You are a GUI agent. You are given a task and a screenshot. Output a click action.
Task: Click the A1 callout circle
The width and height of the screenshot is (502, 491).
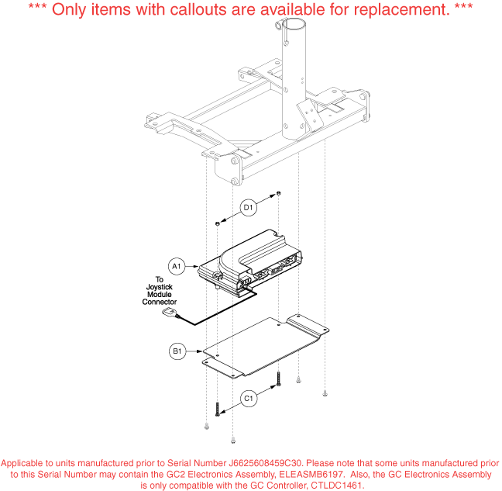click(177, 266)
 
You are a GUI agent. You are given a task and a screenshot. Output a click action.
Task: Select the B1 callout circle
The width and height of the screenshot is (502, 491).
click(177, 351)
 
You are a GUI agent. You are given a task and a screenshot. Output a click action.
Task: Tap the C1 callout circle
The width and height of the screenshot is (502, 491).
click(249, 399)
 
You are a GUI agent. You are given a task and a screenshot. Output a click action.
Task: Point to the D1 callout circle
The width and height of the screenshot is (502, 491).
click(249, 208)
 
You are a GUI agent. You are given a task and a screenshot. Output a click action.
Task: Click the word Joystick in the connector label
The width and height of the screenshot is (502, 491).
click(160, 287)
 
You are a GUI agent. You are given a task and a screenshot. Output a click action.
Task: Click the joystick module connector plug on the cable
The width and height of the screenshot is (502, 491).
click(170, 312)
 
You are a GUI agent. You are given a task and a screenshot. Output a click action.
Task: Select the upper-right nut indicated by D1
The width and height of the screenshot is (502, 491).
click(279, 193)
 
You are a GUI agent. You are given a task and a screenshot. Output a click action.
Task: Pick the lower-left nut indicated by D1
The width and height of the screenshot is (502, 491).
click(217, 223)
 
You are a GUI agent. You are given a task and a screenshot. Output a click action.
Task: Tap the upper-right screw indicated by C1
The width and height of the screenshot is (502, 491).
click(279, 379)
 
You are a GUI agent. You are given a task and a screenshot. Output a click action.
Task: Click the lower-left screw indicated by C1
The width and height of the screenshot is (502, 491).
click(218, 410)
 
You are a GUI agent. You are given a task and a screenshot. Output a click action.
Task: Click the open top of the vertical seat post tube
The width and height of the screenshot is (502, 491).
click(294, 24)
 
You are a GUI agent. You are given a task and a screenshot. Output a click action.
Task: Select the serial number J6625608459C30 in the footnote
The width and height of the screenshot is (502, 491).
click(265, 463)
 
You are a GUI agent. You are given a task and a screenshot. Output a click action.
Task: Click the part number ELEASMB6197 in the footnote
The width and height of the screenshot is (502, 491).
click(311, 475)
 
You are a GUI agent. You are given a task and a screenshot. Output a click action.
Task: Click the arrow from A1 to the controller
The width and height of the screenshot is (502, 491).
click(192, 266)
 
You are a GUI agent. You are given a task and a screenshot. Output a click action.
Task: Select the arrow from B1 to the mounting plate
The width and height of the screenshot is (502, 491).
click(194, 351)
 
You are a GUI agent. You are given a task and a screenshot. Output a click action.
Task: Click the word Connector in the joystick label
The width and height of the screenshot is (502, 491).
click(160, 302)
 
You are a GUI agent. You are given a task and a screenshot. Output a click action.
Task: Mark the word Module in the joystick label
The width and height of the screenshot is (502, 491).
click(160, 294)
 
